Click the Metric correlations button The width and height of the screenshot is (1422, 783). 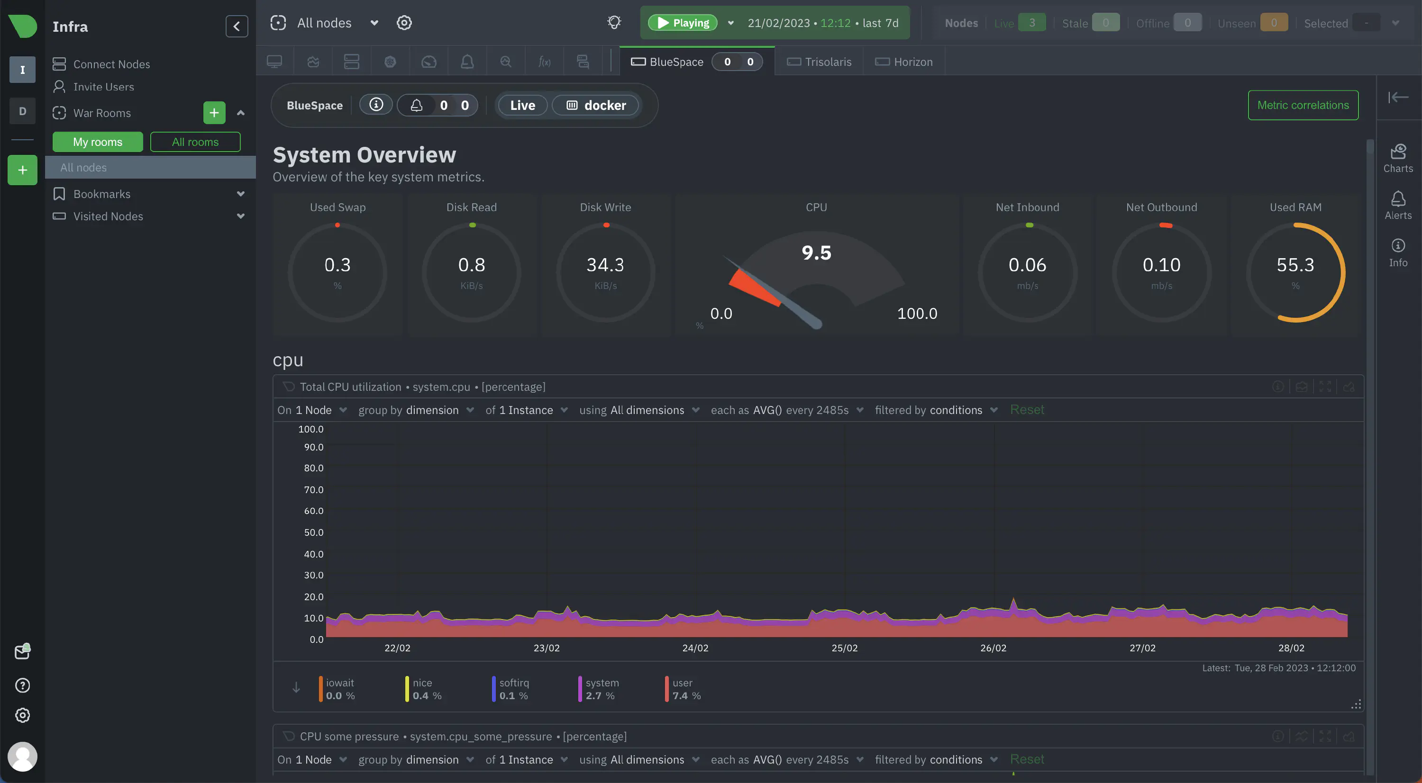[x=1303, y=105]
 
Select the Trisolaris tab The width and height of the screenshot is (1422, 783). [x=819, y=62]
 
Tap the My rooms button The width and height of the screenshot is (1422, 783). [x=98, y=142]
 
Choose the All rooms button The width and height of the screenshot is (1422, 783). [x=195, y=142]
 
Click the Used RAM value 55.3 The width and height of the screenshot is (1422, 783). [x=1295, y=265]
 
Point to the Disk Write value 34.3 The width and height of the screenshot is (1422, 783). [x=605, y=265]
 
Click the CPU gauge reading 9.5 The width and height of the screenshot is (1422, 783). [x=816, y=253]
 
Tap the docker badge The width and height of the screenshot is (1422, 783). [x=596, y=105]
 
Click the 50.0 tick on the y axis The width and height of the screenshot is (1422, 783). [x=313, y=532]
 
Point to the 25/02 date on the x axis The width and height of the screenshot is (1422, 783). [x=845, y=648]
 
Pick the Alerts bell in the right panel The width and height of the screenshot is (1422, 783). [x=1398, y=205]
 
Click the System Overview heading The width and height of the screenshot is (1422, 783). [x=365, y=155]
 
